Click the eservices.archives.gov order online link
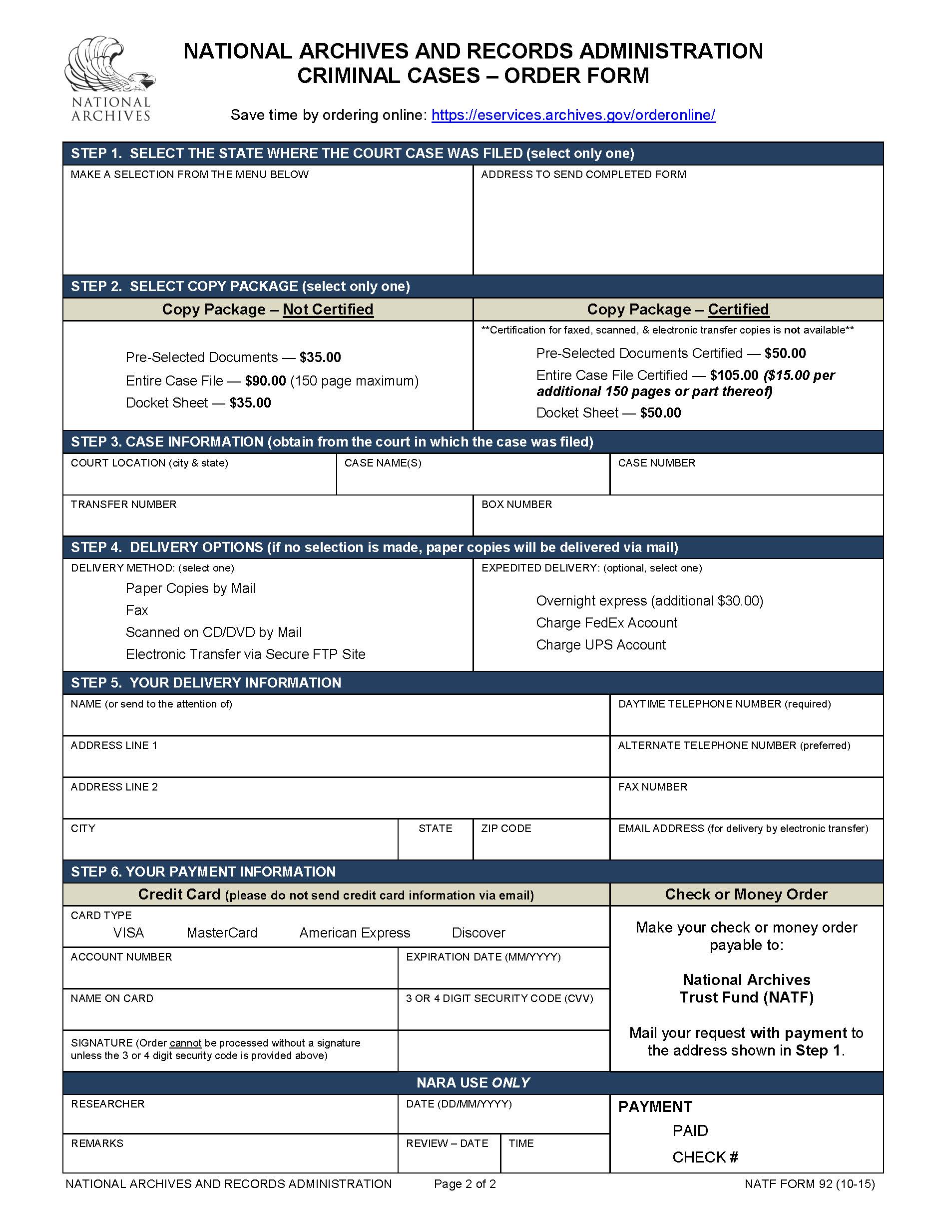click(573, 114)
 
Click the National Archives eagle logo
click(110, 78)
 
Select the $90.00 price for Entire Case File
click(265, 380)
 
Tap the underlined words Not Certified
click(328, 309)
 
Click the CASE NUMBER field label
click(656, 462)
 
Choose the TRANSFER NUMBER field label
click(123, 504)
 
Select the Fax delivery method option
click(137, 610)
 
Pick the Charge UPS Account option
click(601, 644)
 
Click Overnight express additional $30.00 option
click(649, 600)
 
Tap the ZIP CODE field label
click(505, 828)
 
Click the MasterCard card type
click(221, 932)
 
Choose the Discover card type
click(478, 932)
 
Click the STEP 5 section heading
click(206, 682)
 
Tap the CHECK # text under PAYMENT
click(705, 1157)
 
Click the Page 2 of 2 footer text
click(465, 1184)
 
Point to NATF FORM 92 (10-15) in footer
click(809, 1184)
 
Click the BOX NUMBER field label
click(516, 504)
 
